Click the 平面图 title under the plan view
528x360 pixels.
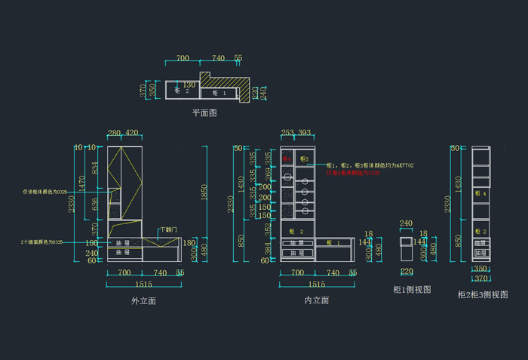click(x=204, y=112)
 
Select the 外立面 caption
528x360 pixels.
click(x=143, y=300)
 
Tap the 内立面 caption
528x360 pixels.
click(x=316, y=300)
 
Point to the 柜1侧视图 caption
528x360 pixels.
click(x=412, y=290)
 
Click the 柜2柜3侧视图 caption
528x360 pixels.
click(x=483, y=294)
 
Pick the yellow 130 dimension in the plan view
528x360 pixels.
click(x=189, y=85)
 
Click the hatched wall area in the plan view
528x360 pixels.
click(x=226, y=81)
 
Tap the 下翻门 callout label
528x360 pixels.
click(x=167, y=229)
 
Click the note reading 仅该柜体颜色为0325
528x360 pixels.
click(x=45, y=192)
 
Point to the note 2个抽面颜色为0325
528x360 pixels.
click(x=41, y=242)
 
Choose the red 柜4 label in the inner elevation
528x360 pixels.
click(x=287, y=159)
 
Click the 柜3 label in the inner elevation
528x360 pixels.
click(x=304, y=159)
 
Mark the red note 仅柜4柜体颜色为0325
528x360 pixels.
click(x=353, y=173)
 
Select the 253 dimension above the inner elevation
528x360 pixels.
click(x=287, y=134)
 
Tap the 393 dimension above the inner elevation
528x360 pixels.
click(x=304, y=134)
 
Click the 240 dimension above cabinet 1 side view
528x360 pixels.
click(x=406, y=223)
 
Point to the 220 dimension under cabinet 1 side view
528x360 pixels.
click(x=407, y=272)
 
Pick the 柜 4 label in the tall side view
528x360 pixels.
click(x=480, y=194)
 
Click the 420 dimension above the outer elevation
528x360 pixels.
click(x=132, y=134)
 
